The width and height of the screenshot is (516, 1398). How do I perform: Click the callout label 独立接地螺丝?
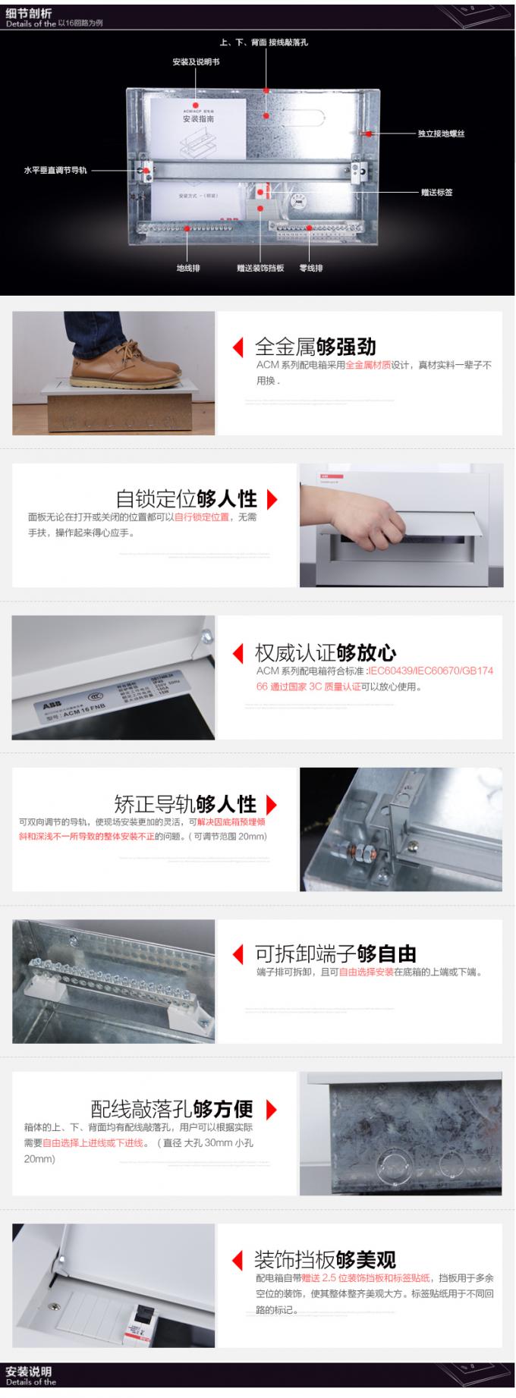pos(441,134)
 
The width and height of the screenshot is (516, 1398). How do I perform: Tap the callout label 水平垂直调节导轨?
pos(55,171)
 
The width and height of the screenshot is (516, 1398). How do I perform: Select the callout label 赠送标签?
pos(437,193)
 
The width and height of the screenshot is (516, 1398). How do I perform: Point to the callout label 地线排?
pos(188,268)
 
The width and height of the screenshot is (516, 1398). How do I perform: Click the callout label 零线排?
pos(311,268)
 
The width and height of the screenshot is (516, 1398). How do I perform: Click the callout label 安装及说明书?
pos(196,62)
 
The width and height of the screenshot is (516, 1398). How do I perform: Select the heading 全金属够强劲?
pos(315,347)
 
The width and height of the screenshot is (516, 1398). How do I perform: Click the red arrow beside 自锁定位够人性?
pos(272,499)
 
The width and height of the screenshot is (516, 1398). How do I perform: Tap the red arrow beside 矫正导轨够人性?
pos(272,804)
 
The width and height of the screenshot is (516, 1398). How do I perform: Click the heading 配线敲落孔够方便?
pos(171,1109)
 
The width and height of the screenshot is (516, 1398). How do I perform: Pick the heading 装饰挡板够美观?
pos(325,1260)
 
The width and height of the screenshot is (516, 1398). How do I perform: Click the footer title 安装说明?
pos(28,1371)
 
